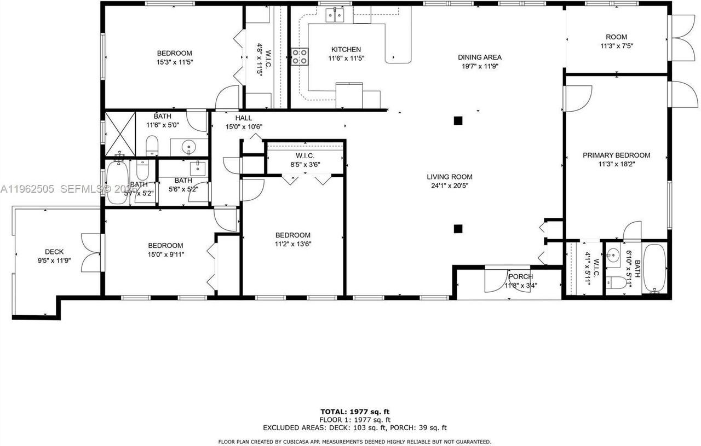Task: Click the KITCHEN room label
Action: tap(346, 49)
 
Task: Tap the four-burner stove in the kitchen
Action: tap(299, 56)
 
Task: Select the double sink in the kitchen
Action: tap(335, 15)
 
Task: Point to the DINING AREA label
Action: tap(480, 57)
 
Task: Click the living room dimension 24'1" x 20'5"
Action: tap(450, 186)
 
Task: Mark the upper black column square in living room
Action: tap(458, 121)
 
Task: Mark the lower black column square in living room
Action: tap(458, 228)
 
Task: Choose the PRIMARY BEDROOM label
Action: tap(616, 155)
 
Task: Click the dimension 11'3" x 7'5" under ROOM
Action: tap(616, 47)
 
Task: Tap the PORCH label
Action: tap(520, 276)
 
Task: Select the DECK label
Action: tap(54, 252)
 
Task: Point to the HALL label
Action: tap(244, 118)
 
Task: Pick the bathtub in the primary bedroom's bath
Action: tap(655, 269)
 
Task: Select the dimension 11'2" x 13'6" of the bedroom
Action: tap(292, 244)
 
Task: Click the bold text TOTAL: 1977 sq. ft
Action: tap(355, 411)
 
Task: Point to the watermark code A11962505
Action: tap(27, 189)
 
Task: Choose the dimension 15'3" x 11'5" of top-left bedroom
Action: tap(175, 62)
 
